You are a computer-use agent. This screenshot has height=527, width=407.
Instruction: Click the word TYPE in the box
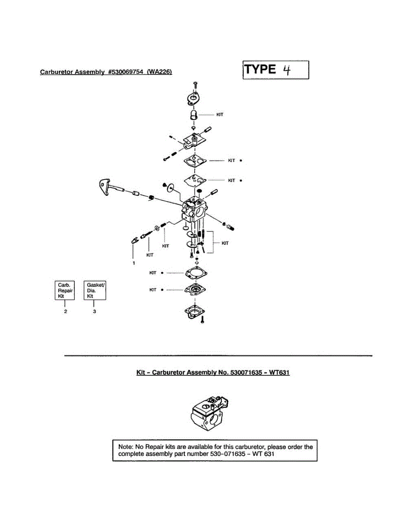pos(260,69)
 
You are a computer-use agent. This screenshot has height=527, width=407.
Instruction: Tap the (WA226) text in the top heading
pos(159,72)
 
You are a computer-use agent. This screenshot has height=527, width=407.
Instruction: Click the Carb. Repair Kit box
pos(65,290)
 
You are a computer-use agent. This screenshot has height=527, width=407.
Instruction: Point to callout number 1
pos(134,263)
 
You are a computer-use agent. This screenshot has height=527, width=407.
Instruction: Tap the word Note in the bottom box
pos(126,447)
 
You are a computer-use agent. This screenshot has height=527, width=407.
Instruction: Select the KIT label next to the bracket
pos(225,243)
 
